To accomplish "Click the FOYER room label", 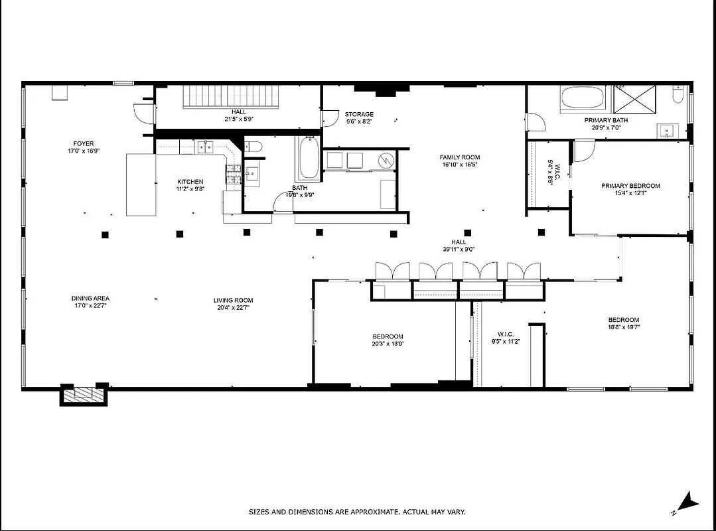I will [x=84, y=143].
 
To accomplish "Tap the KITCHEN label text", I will [x=190, y=182].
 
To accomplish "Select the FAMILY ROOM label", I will [x=459, y=157].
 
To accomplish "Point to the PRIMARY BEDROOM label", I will [x=630, y=186].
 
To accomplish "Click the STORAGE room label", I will [x=359, y=114].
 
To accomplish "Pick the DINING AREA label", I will [x=90, y=299].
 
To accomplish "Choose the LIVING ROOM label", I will [x=233, y=300].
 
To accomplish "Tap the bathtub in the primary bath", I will [x=583, y=99].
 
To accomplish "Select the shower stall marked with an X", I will [x=634, y=100].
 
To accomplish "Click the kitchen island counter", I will [x=141, y=185].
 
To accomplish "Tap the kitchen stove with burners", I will [x=234, y=175].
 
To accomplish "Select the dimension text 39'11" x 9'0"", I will [x=459, y=250].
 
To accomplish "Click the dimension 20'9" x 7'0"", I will [x=606, y=127].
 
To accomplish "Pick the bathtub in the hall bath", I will [x=308, y=159].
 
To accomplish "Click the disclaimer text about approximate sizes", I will [x=357, y=512].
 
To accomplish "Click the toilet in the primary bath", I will [x=678, y=98].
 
